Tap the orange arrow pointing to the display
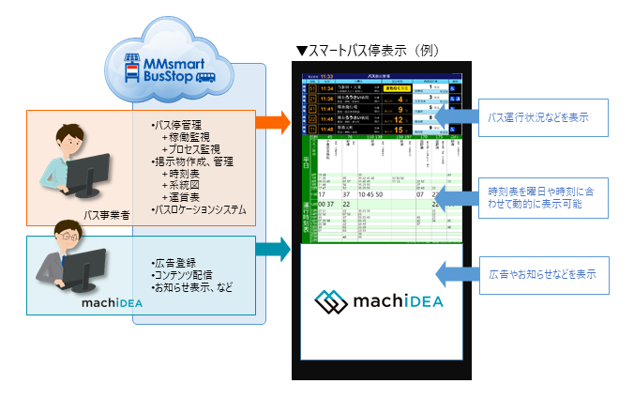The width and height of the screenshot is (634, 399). (273, 122)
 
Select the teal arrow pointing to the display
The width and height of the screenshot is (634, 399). (273, 249)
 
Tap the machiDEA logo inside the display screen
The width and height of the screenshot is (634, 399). (380, 301)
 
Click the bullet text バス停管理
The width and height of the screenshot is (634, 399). (177, 124)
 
